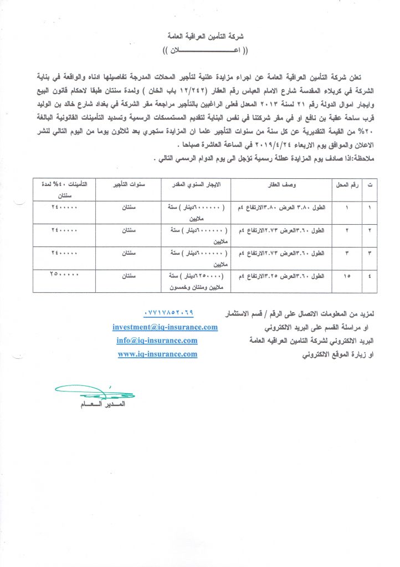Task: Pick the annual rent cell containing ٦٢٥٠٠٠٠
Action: click(x=194, y=280)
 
